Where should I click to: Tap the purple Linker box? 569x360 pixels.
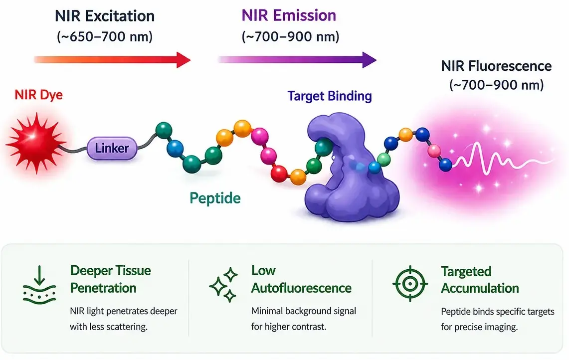point(112,148)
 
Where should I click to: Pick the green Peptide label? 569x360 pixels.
point(215,198)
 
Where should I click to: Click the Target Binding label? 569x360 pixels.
point(330,96)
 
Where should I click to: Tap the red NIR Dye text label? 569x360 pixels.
point(39,95)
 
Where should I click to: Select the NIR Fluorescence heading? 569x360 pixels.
point(496,66)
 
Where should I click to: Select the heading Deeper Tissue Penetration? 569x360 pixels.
point(110,279)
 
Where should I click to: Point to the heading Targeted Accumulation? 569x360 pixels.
point(480,280)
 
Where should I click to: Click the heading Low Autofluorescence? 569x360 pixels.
point(301,279)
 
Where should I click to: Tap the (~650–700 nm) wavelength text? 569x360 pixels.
point(104,37)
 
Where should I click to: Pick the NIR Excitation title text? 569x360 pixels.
point(104,16)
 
